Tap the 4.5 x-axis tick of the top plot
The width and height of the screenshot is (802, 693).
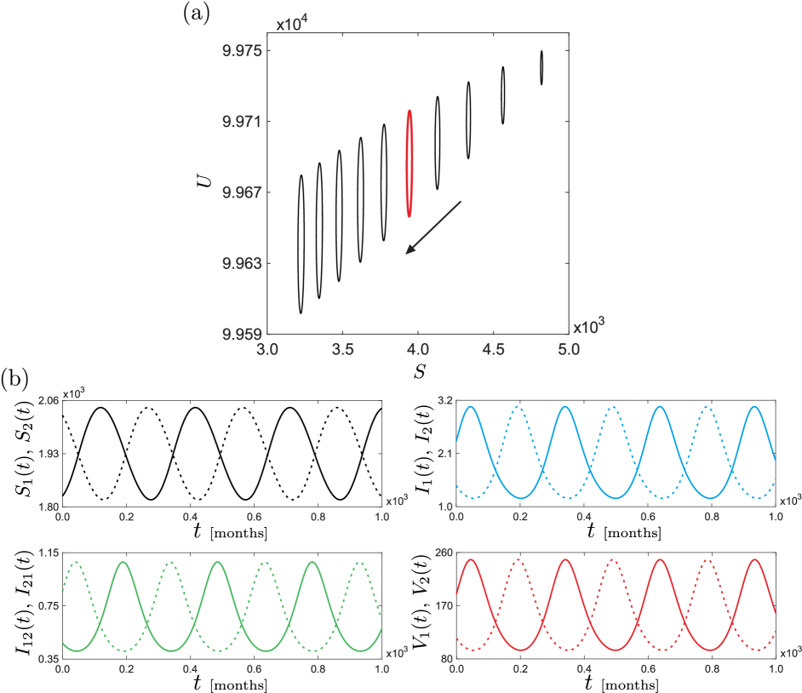[493, 350]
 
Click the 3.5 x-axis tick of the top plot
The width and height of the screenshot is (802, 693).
[342, 350]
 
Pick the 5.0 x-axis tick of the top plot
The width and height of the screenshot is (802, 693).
[568, 350]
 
